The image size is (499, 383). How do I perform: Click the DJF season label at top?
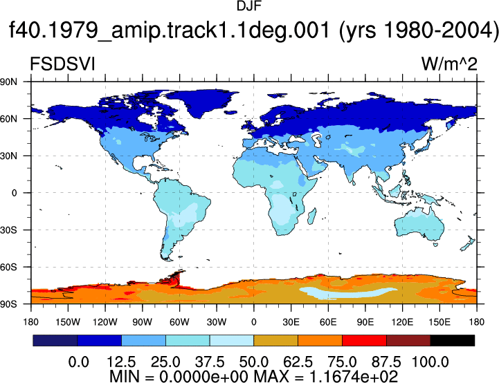click(x=249, y=6)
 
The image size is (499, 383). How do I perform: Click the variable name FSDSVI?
click(x=62, y=64)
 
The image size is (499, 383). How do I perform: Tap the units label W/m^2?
click(x=449, y=64)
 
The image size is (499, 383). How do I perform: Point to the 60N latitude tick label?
click(x=8, y=119)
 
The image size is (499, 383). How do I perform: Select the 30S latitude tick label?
click(x=8, y=230)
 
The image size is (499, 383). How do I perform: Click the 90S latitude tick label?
click(x=8, y=304)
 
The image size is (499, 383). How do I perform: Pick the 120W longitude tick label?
click(x=105, y=322)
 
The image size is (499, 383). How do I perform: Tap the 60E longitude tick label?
click(x=328, y=322)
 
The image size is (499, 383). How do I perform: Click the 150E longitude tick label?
click(x=439, y=322)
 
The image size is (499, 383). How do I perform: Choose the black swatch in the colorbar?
click(x=452, y=340)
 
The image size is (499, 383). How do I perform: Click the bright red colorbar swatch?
click(x=364, y=340)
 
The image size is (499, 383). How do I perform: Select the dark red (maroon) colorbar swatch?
click(x=408, y=340)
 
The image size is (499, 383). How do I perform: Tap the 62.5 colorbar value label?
click(x=298, y=362)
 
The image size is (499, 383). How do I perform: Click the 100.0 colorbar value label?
click(x=430, y=362)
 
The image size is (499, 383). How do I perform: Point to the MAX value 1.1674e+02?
click(x=353, y=377)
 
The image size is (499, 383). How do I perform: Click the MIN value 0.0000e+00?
click(x=203, y=377)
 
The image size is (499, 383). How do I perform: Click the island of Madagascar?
click(x=312, y=216)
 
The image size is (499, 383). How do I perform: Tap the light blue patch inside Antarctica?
click(x=348, y=292)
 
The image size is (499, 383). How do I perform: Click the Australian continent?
click(x=419, y=225)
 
